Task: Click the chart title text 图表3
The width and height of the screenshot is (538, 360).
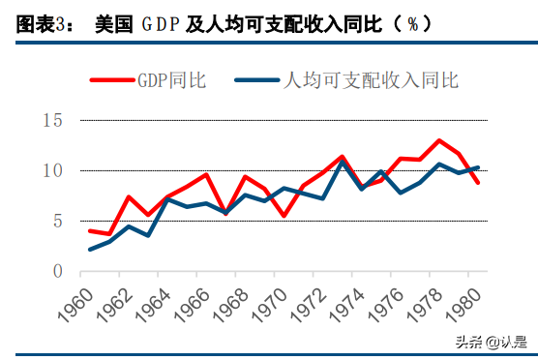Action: (39, 24)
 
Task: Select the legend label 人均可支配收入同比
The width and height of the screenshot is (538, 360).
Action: (367, 80)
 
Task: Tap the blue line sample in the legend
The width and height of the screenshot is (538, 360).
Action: (254, 80)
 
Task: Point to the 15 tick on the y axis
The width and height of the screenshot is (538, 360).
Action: (53, 120)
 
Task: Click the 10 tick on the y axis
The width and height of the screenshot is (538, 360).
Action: (53, 170)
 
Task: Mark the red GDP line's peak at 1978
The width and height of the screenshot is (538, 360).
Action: (439, 140)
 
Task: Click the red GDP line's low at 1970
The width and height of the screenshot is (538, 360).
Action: (284, 216)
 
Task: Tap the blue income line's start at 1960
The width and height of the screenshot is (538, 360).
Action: (90, 250)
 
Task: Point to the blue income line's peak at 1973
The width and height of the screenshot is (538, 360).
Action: (343, 163)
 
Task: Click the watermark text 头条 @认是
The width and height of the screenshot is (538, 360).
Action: (493, 341)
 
